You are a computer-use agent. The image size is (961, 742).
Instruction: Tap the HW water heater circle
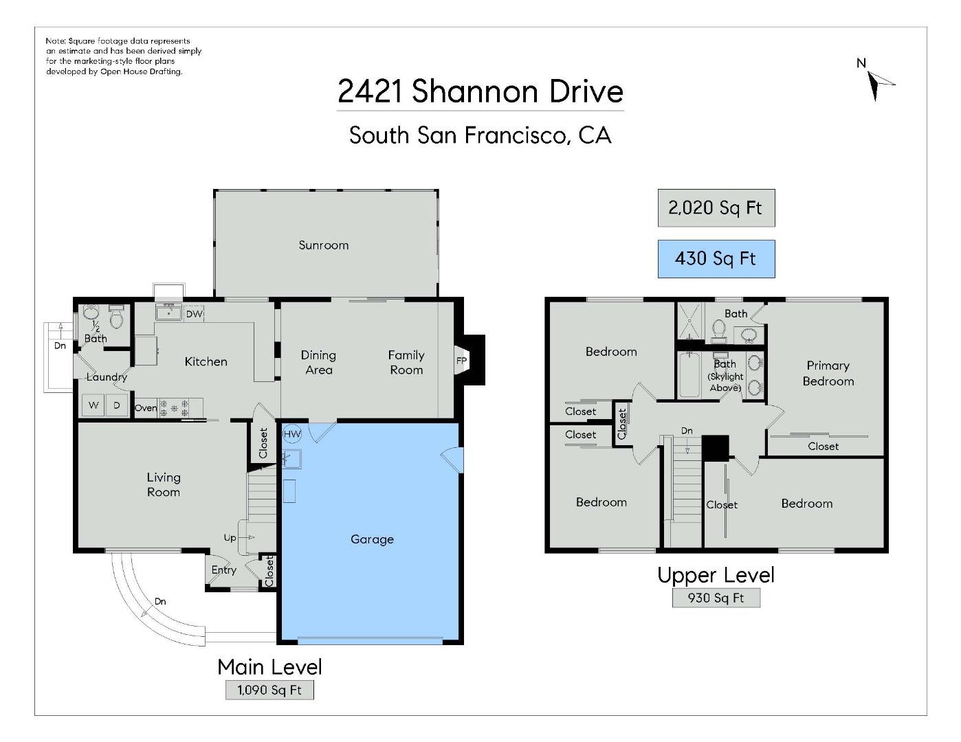click(x=292, y=434)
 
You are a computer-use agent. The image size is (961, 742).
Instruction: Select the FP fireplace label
click(x=461, y=361)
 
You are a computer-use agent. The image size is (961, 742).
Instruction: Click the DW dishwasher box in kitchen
click(x=194, y=314)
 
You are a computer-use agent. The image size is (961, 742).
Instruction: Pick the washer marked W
click(x=93, y=405)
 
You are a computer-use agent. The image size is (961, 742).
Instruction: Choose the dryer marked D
click(x=117, y=405)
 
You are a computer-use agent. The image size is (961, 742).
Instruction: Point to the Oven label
click(x=146, y=408)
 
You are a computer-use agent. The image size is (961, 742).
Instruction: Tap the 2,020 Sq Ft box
click(x=716, y=208)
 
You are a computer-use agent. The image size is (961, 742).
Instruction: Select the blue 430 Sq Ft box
click(x=716, y=259)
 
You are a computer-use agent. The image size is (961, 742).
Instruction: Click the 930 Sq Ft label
click(x=716, y=598)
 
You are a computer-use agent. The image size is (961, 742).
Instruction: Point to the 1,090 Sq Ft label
click(x=269, y=690)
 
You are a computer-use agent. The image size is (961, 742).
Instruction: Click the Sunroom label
click(x=324, y=245)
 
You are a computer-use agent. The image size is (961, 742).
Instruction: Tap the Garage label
click(x=372, y=539)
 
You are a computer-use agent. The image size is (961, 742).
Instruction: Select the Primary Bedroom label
click(x=828, y=374)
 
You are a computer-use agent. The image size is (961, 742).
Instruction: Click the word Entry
click(x=224, y=570)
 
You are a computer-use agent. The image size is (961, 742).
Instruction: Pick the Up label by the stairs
click(x=230, y=538)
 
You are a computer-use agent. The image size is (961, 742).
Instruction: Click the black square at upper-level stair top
click(x=715, y=448)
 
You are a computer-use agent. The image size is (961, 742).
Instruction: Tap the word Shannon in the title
click(x=475, y=91)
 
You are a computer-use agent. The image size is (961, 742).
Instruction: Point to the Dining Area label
click(x=318, y=362)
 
